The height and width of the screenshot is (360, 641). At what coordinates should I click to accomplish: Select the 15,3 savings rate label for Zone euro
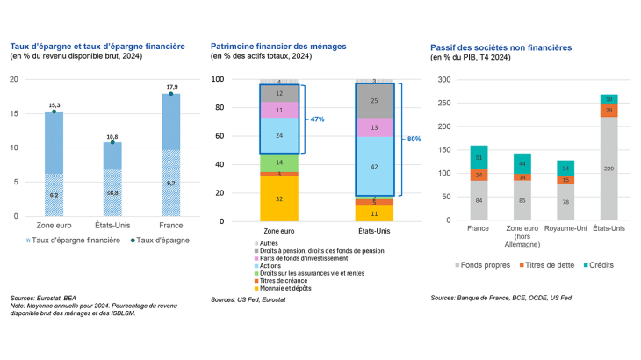pyautogui.click(x=54, y=104)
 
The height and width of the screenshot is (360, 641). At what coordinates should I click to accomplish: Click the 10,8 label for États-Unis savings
pyautogui.click(x=113, y=136)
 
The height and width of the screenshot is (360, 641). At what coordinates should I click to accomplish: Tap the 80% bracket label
pyautogui.click(x=414, y=139)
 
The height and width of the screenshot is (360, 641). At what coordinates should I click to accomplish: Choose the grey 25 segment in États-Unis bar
pyautogui.click(x=374, y=101)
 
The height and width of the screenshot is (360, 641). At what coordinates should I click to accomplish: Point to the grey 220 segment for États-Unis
pyautogui.click(x=608, y=167)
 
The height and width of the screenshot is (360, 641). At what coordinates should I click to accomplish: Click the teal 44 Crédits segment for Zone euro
pyautogui.click(x=523, y=163)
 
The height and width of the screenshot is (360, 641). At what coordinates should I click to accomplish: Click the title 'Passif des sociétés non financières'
pyautogui.click(x=502, y=45)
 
